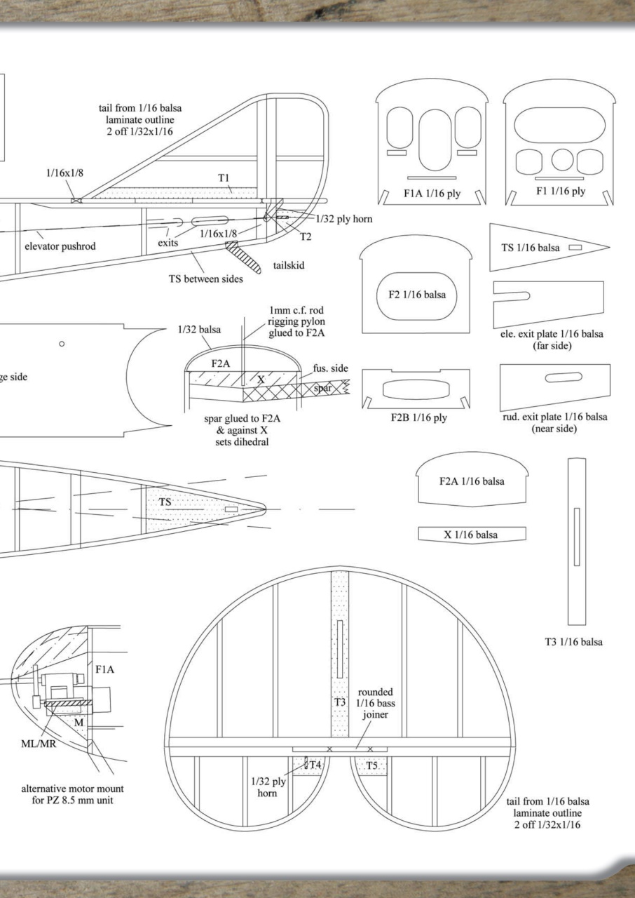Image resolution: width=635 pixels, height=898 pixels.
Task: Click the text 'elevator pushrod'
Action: [60, 246]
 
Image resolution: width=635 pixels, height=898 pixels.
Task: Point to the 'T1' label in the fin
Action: [223, 178]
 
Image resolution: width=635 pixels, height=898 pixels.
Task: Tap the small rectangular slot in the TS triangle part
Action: [575, 248]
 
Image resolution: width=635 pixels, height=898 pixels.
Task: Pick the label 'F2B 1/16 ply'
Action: [418, 418]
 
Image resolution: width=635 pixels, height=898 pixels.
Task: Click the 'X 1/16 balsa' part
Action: [471, 535]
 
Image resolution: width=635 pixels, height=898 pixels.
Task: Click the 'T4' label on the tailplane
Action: [315, 765]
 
